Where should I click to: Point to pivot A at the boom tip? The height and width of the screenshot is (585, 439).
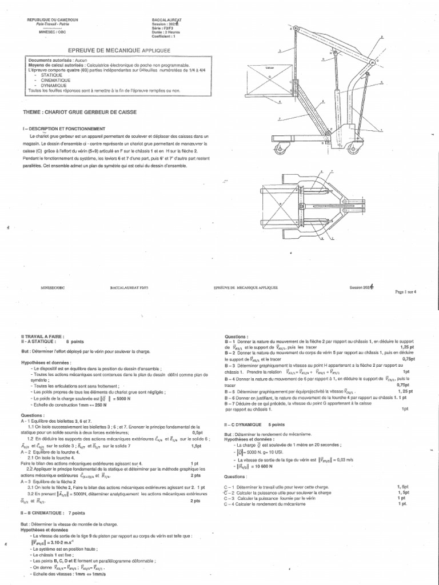(x=297, y=27)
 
